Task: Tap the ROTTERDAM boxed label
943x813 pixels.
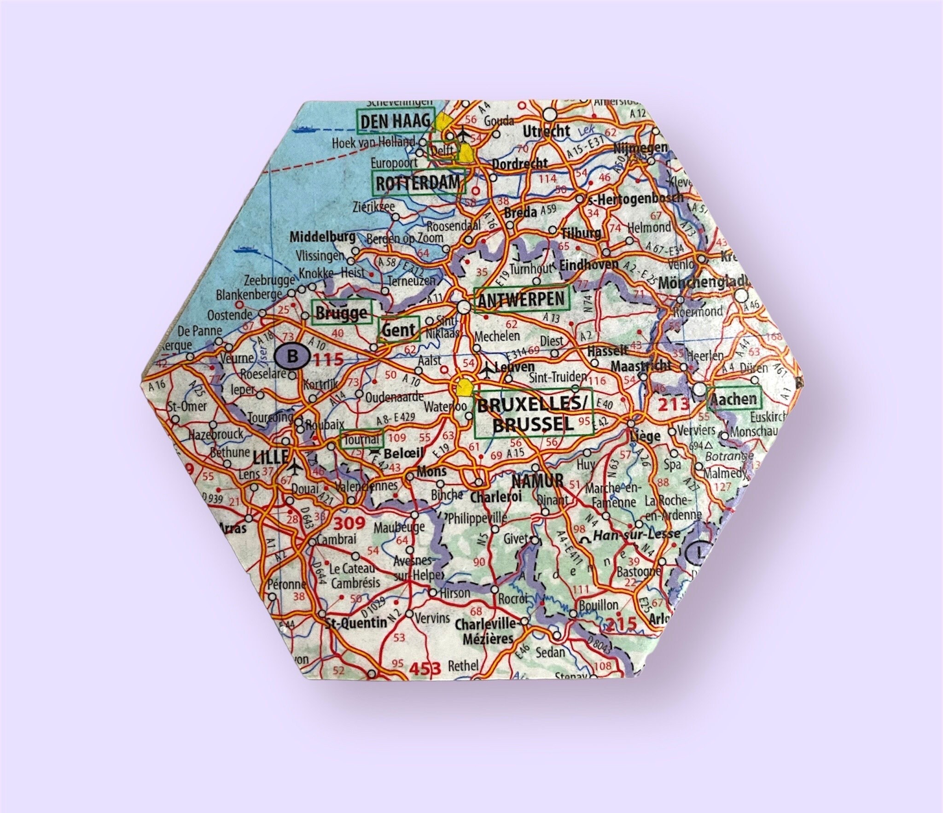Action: pos(418,183)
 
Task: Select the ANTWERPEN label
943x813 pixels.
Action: pos(521,300)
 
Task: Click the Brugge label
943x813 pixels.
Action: pos(341,314)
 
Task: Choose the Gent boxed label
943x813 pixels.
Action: pos(399,329)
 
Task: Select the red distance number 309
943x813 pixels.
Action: pos(349,523)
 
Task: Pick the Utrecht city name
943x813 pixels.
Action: pos(546,132)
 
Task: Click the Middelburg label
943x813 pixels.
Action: pos(322,237)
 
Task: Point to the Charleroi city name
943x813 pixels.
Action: pos(495,497)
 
